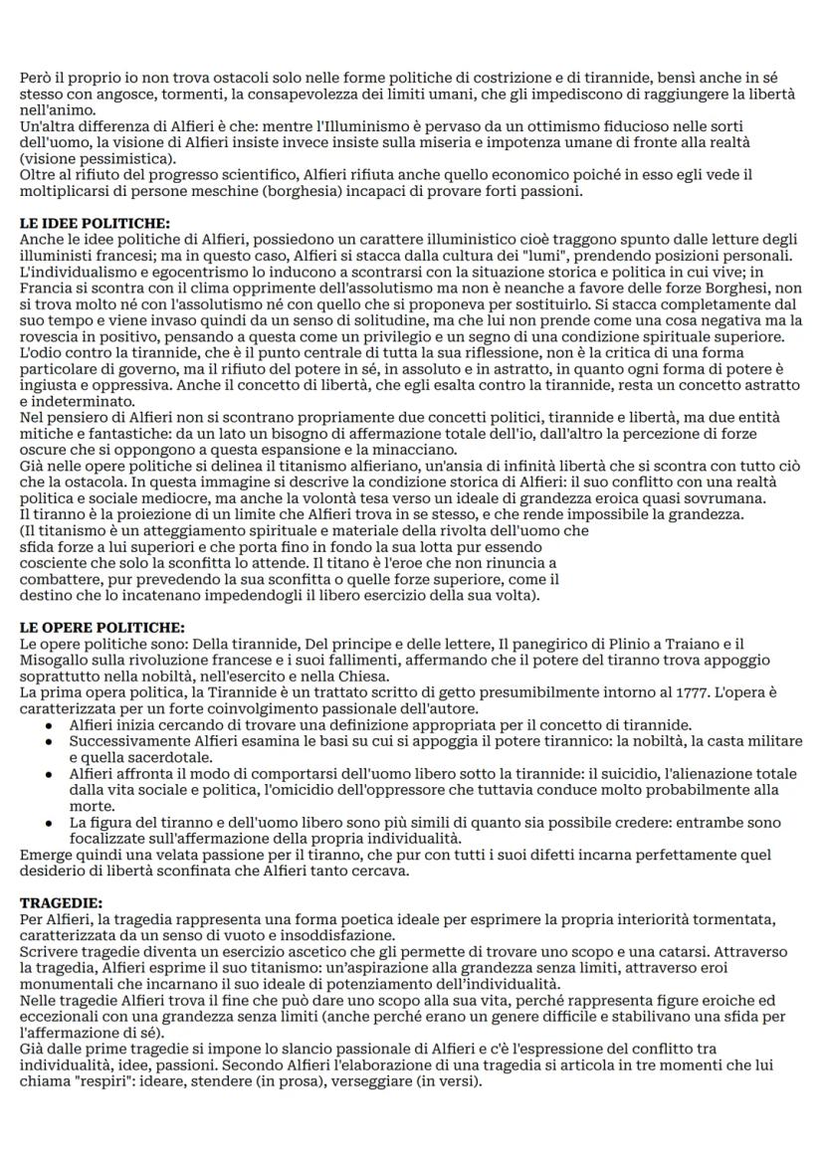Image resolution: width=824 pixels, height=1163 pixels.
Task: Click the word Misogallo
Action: pyautogui.click(x=54, y=660)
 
